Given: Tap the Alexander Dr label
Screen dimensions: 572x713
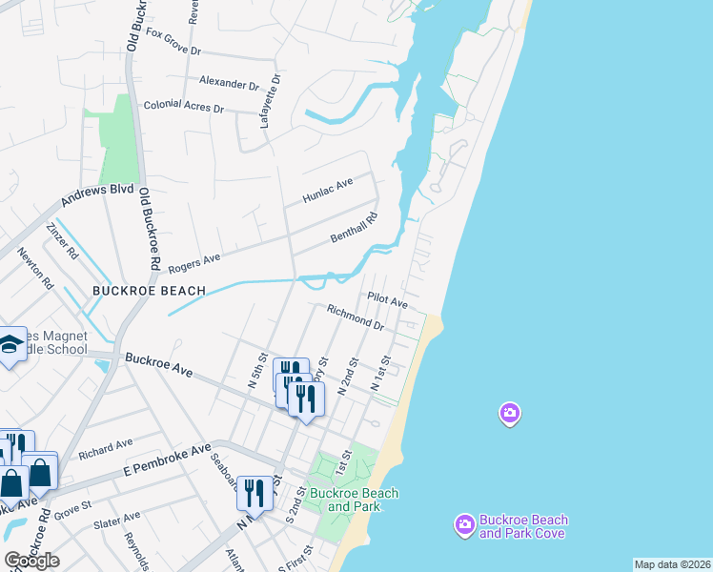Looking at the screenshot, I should [x=230, y=83].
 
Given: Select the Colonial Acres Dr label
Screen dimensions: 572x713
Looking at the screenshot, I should [x=183, y=107].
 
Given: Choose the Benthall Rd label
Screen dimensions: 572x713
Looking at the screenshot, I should [x=354, y=228].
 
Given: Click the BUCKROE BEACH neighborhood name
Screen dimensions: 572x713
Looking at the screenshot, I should [x=149, y=290].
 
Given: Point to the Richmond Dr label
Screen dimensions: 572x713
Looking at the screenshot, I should [x=355, y=317].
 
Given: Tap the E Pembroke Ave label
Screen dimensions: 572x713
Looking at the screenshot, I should [x=167, y=460].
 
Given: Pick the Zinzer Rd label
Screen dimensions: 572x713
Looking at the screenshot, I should [x=61, y=242].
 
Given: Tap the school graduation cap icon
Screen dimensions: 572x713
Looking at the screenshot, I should [x=10, y=345].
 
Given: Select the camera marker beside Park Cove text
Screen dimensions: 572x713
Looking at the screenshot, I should [x=464, y=524].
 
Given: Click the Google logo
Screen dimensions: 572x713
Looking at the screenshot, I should [x=31, y=561].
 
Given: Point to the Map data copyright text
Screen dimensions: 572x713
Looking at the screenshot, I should [x=672, y=564].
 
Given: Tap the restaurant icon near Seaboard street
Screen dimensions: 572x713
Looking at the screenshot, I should [x=254, y=492].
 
